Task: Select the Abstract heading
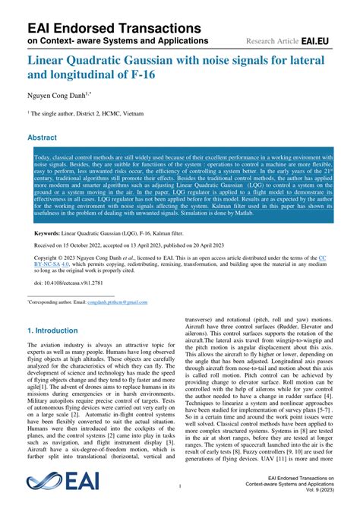42,138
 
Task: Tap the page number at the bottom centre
180,485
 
